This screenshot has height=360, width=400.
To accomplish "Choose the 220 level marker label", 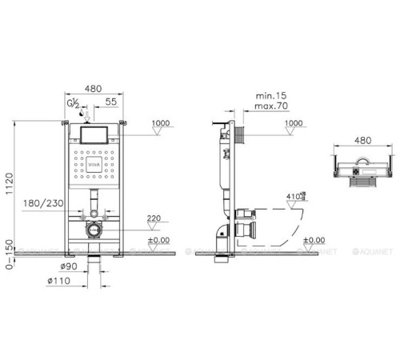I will pyautogui.click(x=153, y=217).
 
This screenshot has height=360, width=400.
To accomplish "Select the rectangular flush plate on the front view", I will pyautogui.click(x=95, y=133).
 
